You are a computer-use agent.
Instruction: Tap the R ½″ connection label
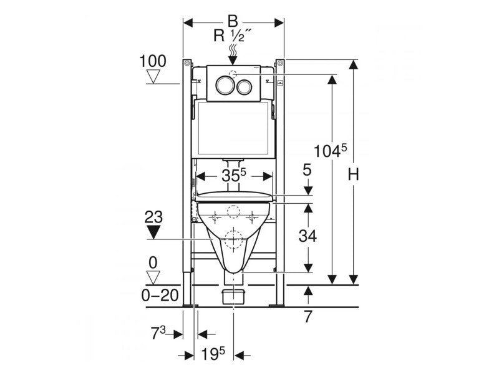point(232,35)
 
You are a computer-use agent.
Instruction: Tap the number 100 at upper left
point(153,61)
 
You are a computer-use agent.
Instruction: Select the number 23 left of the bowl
point(154,217)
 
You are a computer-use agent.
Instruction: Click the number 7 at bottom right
point(308,317)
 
